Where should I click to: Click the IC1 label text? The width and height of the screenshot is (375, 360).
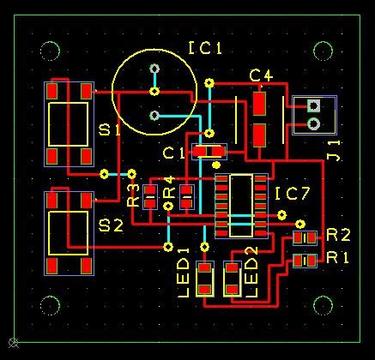tap(206, 49)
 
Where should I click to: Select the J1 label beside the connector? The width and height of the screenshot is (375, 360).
tap(334, 148)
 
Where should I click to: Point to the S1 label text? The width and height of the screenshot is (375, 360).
tap(110, 130)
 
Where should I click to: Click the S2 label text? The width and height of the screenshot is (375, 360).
tap(111, 225)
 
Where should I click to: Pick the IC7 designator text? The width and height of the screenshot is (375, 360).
tap(293, 195)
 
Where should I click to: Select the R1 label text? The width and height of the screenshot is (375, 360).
tap(338, 257)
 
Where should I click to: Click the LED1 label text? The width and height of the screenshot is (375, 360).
tap(183, 272)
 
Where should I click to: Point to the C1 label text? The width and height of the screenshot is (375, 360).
tap(174, 153)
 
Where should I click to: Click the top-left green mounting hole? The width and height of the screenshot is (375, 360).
tap(50, 50)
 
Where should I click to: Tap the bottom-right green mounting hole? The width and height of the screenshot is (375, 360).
tap(324, 306)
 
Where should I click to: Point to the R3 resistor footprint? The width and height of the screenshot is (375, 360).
tap(150, 196)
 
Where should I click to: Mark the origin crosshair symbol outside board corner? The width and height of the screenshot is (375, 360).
tap(12, 344)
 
